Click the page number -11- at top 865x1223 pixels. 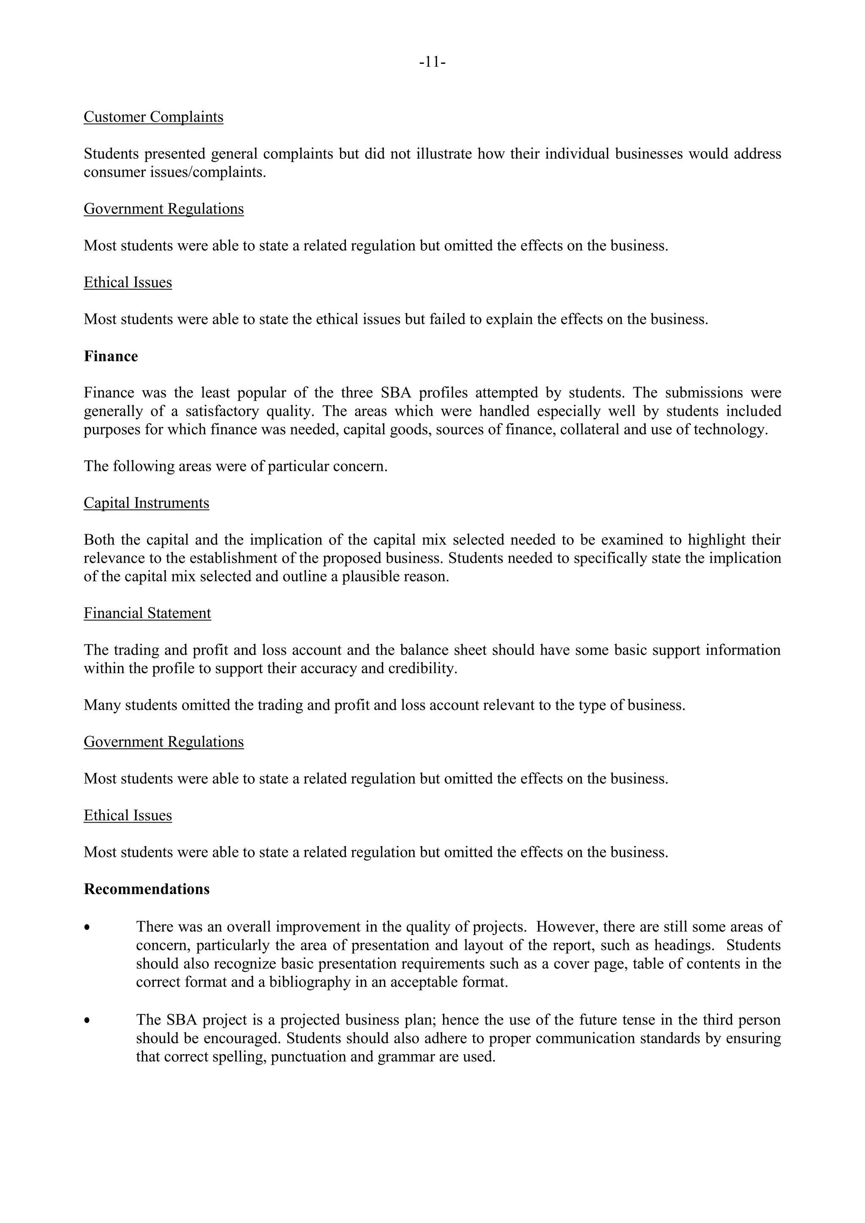tap(432, 63)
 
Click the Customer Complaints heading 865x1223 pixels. tap(153, 117)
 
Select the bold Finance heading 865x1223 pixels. tap(111, 356)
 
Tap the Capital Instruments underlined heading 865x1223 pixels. tap(147, 503)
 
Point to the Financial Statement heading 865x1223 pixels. tap(147, 613)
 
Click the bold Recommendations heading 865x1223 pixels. tap(147, 889)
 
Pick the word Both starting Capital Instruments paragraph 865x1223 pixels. tap(99, 540)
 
